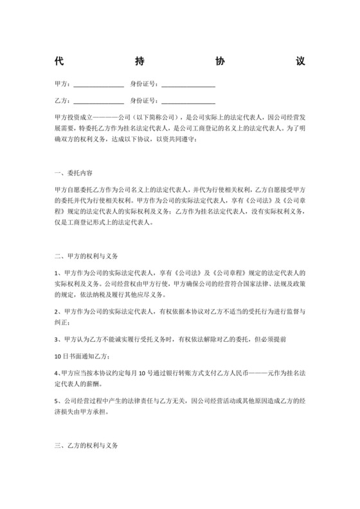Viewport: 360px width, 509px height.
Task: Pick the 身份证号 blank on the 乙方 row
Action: tap(188, 102)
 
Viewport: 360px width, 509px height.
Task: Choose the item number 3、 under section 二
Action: tap(58, 337)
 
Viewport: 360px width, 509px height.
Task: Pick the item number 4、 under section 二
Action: tap(58, 373)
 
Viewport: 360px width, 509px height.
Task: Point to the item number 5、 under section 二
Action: tap(58, 400)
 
